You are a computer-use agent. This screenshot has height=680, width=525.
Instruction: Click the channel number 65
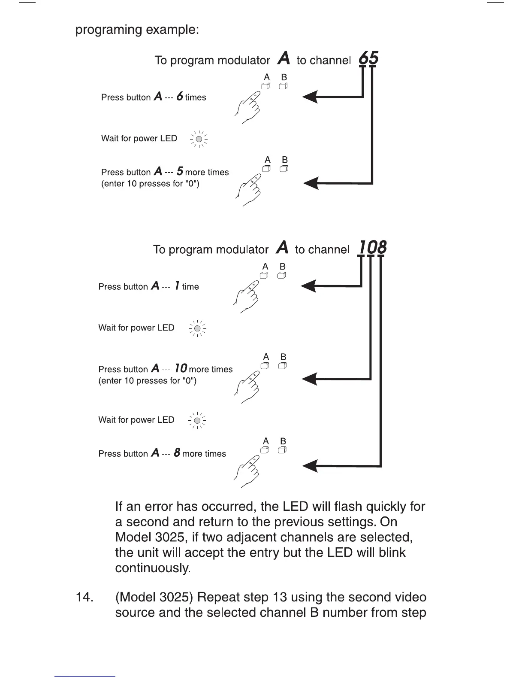pyautogui.click(x=368, y=58)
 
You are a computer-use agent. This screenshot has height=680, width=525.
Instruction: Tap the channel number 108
pyautogui.click(x=372, y=247)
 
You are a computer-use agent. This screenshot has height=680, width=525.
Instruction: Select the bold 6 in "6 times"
pyautogui.click(x=180, y=97)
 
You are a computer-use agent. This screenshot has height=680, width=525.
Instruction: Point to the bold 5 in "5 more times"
pyautogui.click(x=180, y=172)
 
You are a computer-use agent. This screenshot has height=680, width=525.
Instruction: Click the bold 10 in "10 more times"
pyautogui.click(x=181, y=369)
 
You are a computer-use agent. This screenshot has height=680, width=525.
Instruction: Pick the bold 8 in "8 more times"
pyautogui.click(x=177, y=453)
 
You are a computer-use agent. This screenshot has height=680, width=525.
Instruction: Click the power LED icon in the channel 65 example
pyautogui.click(x=199, y=139)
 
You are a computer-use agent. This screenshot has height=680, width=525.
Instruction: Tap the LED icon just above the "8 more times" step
pyautogui.click(x=197, y=420)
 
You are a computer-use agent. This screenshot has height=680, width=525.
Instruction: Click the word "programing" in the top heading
pyautogui.click(x=109, y=30)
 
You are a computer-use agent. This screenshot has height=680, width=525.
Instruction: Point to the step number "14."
pyautogui.click(x=84, y=597)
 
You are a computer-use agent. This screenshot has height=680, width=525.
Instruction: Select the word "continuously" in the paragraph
pyautogui.click(x=153, y=568)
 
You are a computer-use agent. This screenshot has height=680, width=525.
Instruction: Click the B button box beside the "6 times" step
pyautogui.click(x=283, y=86)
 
